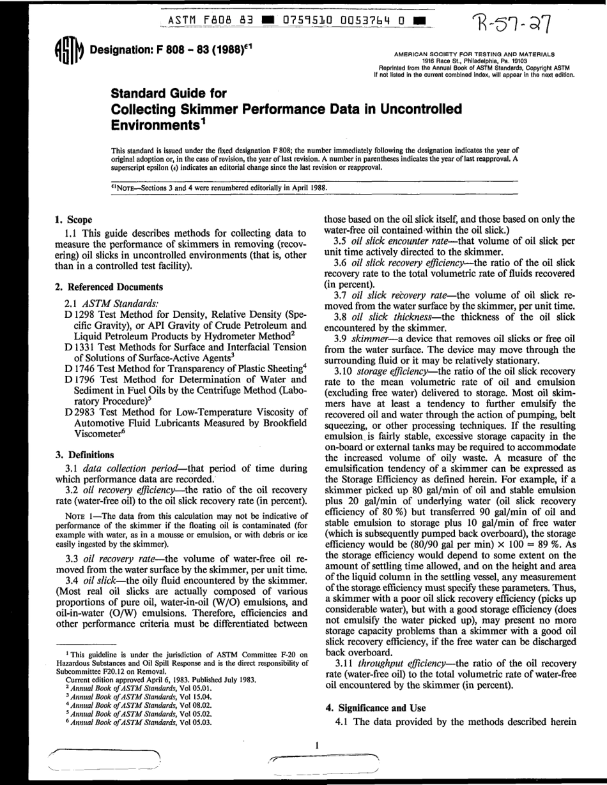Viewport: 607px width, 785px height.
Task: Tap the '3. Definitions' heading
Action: pos(86,454)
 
